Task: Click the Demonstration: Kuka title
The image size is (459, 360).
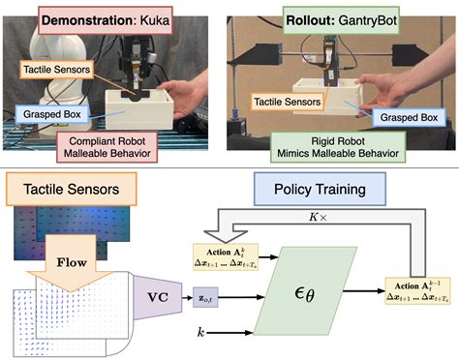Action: pyautogui.click(x=113, y=18)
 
